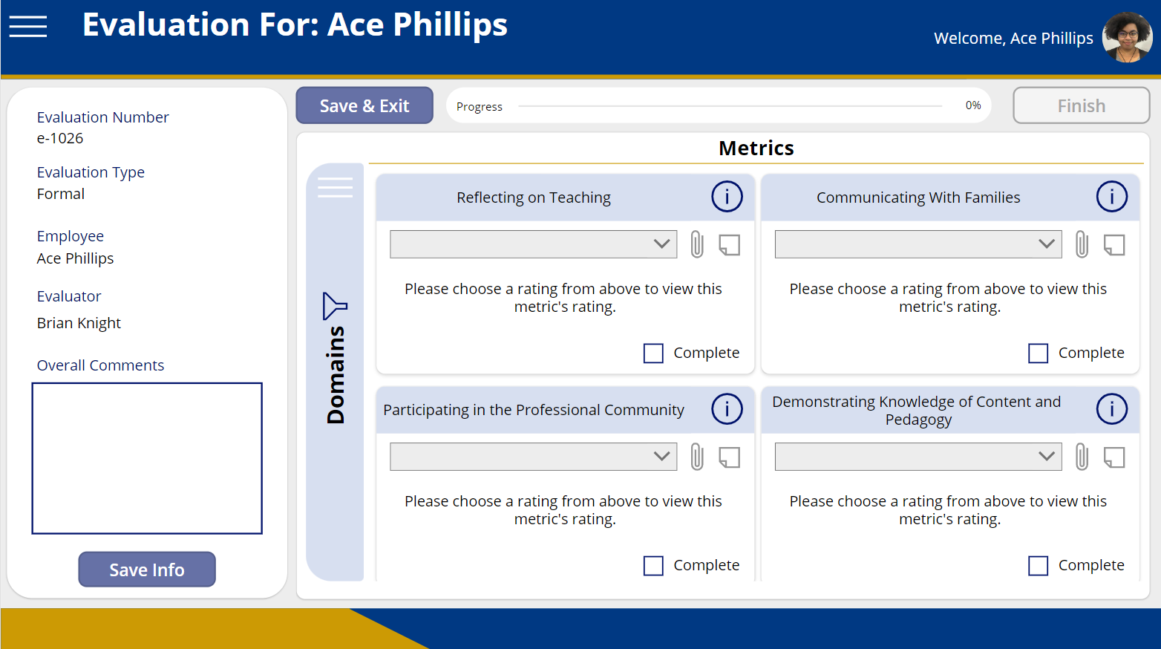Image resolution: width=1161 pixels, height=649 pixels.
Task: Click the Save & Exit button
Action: click(x=364, y=105)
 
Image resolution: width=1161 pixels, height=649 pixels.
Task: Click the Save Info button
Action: click(x=147, y=570)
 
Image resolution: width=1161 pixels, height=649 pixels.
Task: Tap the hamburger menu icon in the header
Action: click(x=28, y=27)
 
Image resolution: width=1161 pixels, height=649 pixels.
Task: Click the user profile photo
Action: click(x=1127, y=37)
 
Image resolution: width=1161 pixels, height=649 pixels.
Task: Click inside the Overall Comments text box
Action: click(x=147, y=458)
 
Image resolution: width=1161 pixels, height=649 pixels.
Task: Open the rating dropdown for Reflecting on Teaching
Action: click(x=533, y=244)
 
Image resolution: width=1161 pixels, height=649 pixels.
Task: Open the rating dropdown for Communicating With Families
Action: click(x=918, y=244)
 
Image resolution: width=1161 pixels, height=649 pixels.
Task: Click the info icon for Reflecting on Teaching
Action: click(x=727, y=197)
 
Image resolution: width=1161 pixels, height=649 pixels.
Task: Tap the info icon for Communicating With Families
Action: click(x=1111, y=197)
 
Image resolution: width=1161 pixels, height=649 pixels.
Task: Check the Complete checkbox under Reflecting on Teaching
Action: click(x=653, y=353)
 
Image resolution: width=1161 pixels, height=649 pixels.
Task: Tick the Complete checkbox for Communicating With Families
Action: click(x=1038, y=353)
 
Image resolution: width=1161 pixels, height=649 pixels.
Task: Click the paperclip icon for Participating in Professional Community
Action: click(x=697, y=457)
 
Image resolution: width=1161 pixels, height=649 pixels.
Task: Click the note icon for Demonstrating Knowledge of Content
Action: click(x=1114, y=457)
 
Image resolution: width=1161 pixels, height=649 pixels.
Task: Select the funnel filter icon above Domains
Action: click(x=335, y=306)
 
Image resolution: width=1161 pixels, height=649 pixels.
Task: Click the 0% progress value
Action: click(x=972, y=105)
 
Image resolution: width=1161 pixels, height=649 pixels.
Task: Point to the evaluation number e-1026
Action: click(x=60, y=138)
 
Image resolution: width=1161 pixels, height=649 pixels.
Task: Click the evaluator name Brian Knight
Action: click(x=79, y=323)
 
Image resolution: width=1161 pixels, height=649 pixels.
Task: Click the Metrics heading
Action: click(x=756, y=149)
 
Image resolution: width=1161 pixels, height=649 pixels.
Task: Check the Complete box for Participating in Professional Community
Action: click(x=653, y=566)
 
